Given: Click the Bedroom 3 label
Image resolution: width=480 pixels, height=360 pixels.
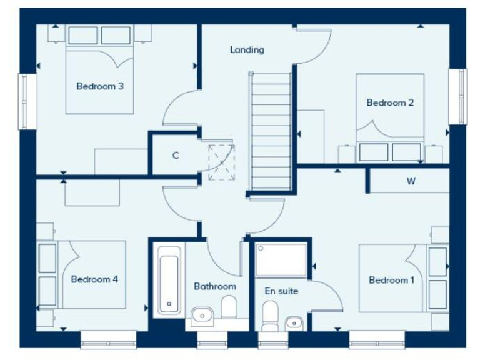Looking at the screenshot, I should click(x=99, y=86).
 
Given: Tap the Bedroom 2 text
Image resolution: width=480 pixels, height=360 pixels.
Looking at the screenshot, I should click(x=390, y=102).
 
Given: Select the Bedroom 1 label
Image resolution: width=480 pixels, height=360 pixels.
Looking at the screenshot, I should click(x=391, y=280).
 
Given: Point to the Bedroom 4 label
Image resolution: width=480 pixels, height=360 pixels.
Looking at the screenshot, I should click(x=94, y=279).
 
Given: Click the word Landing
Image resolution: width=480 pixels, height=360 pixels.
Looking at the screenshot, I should click(x=247, y=49).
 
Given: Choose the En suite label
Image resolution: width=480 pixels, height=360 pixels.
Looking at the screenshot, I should click(x=281, y=291).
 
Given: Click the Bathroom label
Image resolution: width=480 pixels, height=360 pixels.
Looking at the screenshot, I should click(x=215, y=286).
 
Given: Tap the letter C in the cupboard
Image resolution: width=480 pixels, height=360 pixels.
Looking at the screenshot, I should click(x=176, y=156).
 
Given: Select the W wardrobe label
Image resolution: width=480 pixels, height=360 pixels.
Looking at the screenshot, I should click(x=411, y=182).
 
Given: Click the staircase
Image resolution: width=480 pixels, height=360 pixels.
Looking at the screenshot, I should click(x=271, y=131).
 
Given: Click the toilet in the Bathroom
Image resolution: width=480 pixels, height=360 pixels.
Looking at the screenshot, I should click(x=229, y=307).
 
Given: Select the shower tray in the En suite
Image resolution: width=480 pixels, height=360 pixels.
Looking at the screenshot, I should click(x=282, y=260).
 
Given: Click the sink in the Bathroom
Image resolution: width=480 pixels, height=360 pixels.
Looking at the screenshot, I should click(x=201, y=316).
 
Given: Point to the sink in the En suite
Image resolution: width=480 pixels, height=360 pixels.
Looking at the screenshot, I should click(x=294, y=322).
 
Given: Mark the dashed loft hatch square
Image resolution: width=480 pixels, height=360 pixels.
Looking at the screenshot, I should click(x=221, y=161).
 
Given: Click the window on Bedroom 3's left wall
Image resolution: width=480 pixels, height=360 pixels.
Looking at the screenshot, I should click(x=26, y=101).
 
